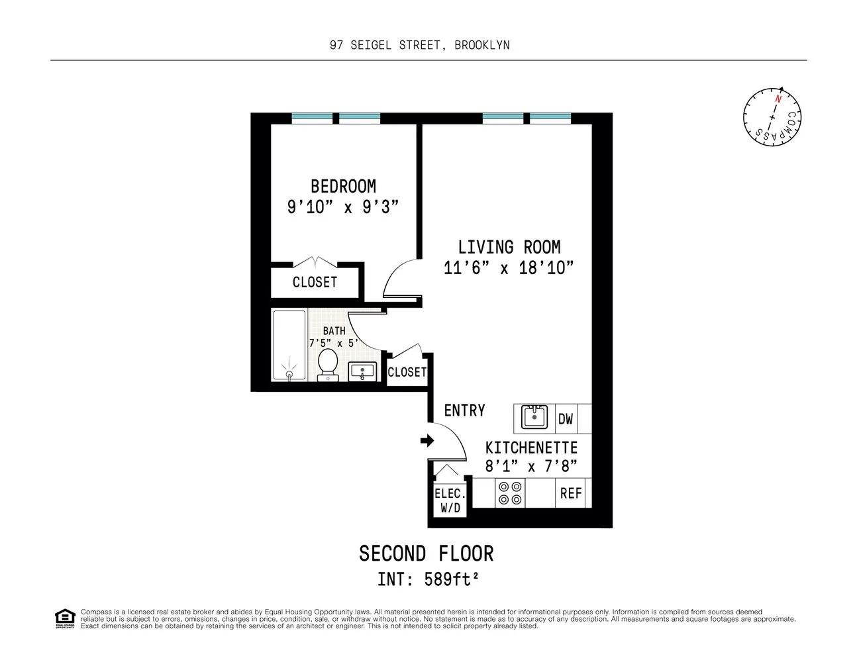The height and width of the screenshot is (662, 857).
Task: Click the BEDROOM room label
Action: (x=343, y=186)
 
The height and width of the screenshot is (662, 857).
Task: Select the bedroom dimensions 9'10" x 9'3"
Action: (x=343, y=207)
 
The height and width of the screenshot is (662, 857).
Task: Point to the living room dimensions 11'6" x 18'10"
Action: (x=508, y=268)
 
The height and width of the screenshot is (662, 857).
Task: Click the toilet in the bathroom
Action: (x=327, y=365)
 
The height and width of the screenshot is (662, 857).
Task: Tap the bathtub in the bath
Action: (x=289, y=345)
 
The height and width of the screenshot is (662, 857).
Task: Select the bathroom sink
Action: (x=362, y=371)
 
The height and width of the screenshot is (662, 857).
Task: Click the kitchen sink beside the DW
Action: (x=534, y=418)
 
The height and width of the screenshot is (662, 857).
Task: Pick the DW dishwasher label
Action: (x=566, y=418)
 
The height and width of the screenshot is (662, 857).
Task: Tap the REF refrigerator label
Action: (x=570, y=493)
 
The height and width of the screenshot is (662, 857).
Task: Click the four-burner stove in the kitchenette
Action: (x=511, y=493)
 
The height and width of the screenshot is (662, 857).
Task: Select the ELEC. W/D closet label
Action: (x=450, y=501)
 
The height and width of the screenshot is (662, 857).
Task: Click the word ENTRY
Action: (x=464, y=410)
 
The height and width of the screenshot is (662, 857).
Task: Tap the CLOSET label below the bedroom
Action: (x=315, y=282)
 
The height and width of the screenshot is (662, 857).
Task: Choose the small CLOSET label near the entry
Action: (x=407, y=372)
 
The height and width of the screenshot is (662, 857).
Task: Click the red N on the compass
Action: (x=778, y=99)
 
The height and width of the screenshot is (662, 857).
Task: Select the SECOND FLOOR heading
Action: (x=426, y=553)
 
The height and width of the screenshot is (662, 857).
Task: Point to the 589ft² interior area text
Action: (x=446, y=579)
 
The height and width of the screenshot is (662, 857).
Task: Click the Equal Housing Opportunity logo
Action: (x=65, y=618)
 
